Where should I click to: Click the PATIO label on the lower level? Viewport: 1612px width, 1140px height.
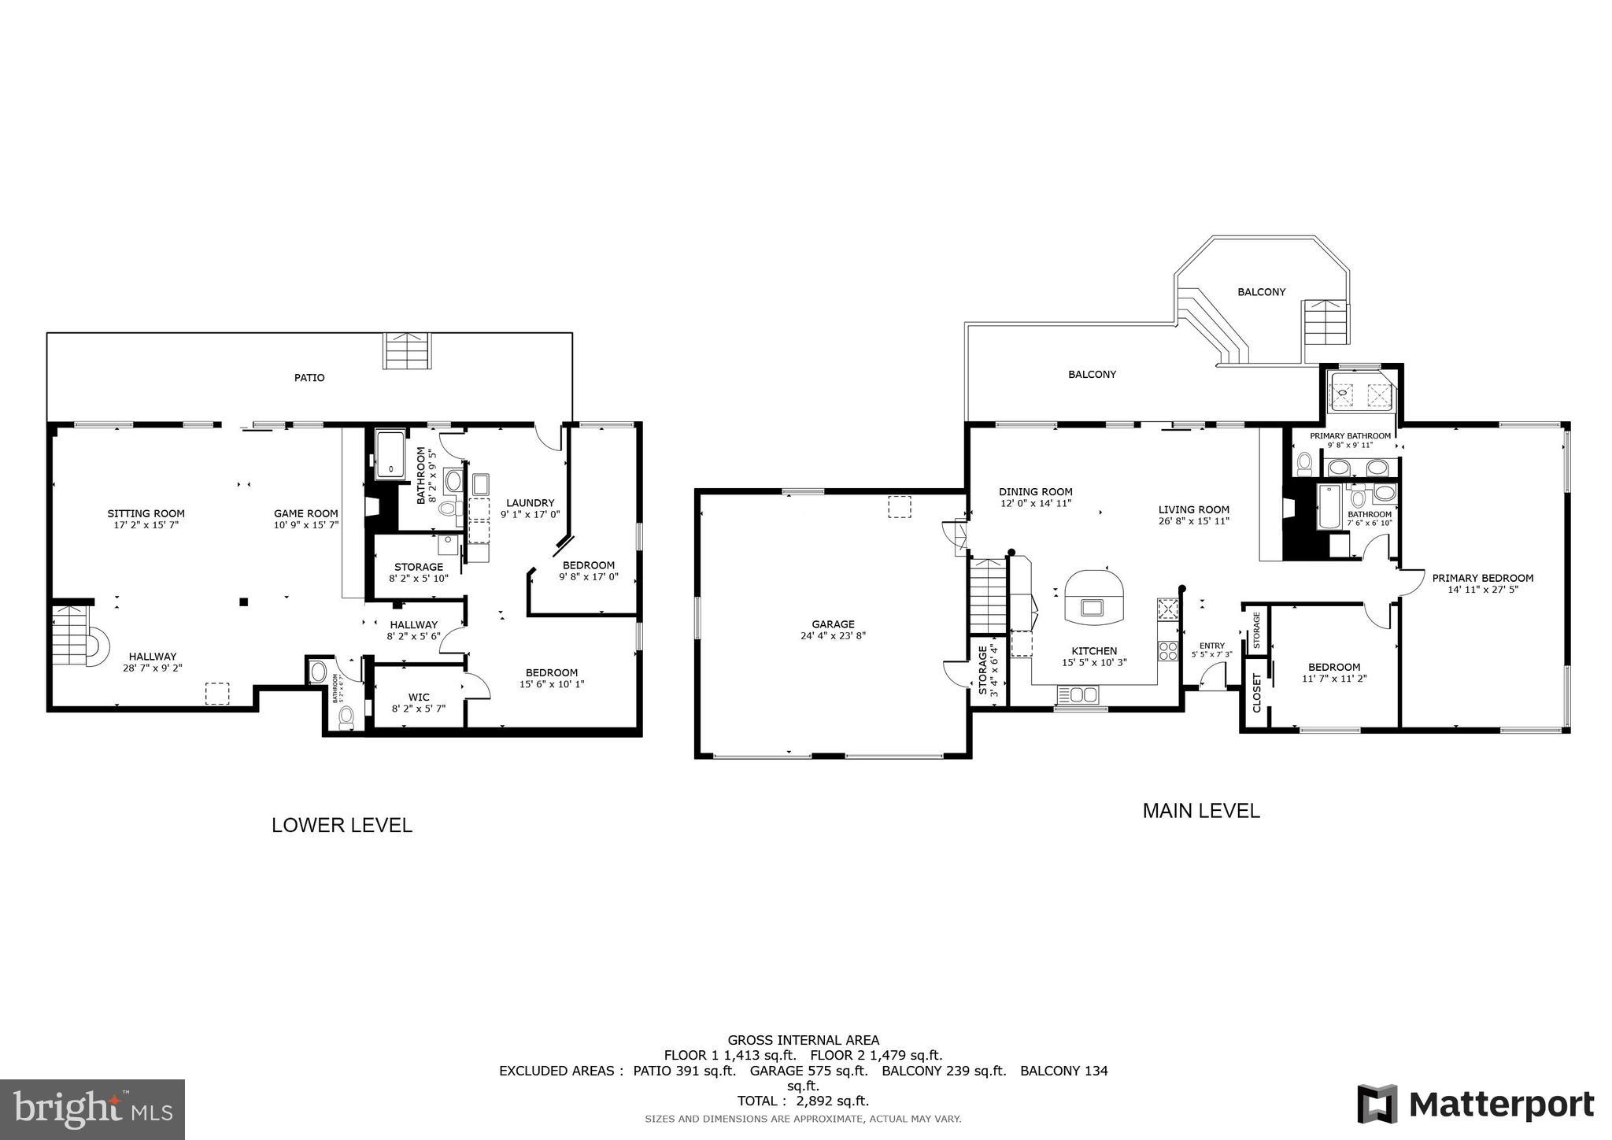(309, 378)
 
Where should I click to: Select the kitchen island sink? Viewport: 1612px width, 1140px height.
(1093, 607)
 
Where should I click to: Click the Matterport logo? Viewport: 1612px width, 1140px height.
(1475, 1104)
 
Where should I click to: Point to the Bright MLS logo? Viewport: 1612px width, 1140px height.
(93, 1109)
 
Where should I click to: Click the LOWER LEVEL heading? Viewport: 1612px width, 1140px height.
(342, 825)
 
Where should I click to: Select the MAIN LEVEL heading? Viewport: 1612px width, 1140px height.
(1200, 811)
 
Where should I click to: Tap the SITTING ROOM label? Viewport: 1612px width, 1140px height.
(146, 514)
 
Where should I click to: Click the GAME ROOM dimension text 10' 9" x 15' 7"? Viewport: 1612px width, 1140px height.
(306, 524)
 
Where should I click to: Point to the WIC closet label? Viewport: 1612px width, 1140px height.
(419, 697)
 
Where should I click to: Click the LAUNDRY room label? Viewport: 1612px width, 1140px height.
(530, 503)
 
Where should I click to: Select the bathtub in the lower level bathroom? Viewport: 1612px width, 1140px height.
(390, 455)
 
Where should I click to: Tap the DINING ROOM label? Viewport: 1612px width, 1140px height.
(1035, 492)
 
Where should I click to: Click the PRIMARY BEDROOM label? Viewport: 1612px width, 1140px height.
(1482, 578)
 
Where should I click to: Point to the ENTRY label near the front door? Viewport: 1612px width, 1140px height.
(1212, 646)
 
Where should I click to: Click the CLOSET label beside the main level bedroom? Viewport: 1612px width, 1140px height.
(1256, 692)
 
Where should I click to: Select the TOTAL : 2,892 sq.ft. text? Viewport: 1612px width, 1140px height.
(803, 1101)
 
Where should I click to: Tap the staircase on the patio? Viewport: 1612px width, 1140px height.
(408, 351)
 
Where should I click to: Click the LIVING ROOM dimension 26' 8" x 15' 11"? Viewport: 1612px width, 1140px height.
(1193, 520)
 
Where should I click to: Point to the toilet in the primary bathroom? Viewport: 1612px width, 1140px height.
(1303, 464)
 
